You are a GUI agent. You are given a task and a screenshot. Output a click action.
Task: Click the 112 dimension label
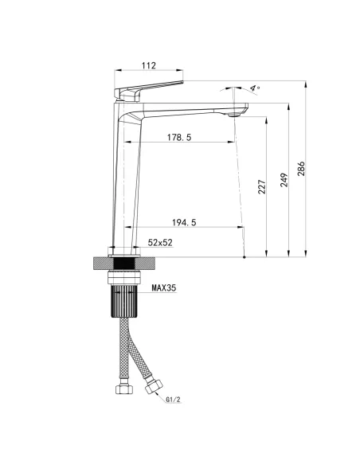pyautogui.click(x=149, y=65)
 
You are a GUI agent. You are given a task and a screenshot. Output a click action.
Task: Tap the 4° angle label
pyautogui.click(x=255, y=88)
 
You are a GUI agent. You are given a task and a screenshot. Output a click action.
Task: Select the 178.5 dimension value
pyautogui.click(x=179, y=137)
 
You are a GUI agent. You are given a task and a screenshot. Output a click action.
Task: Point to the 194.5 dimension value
pyautogui.click(x=184, y=222)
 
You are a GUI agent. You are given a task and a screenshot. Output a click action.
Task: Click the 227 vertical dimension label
pyautogui.click(x=262, y=187)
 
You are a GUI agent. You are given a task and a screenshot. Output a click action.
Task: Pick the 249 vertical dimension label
pyautogui.click(x=284, y=180)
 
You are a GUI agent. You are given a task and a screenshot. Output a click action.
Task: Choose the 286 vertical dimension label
pyautogui.click(x=301, y=169)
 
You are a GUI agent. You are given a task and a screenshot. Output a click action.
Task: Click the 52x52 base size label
pyautogui.click(x=160, y=243)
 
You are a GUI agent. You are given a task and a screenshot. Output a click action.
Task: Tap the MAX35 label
pyautogui.click(x=164, y=287)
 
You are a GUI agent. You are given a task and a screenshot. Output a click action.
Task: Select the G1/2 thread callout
pyautogui.click(x=173, y=400)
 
